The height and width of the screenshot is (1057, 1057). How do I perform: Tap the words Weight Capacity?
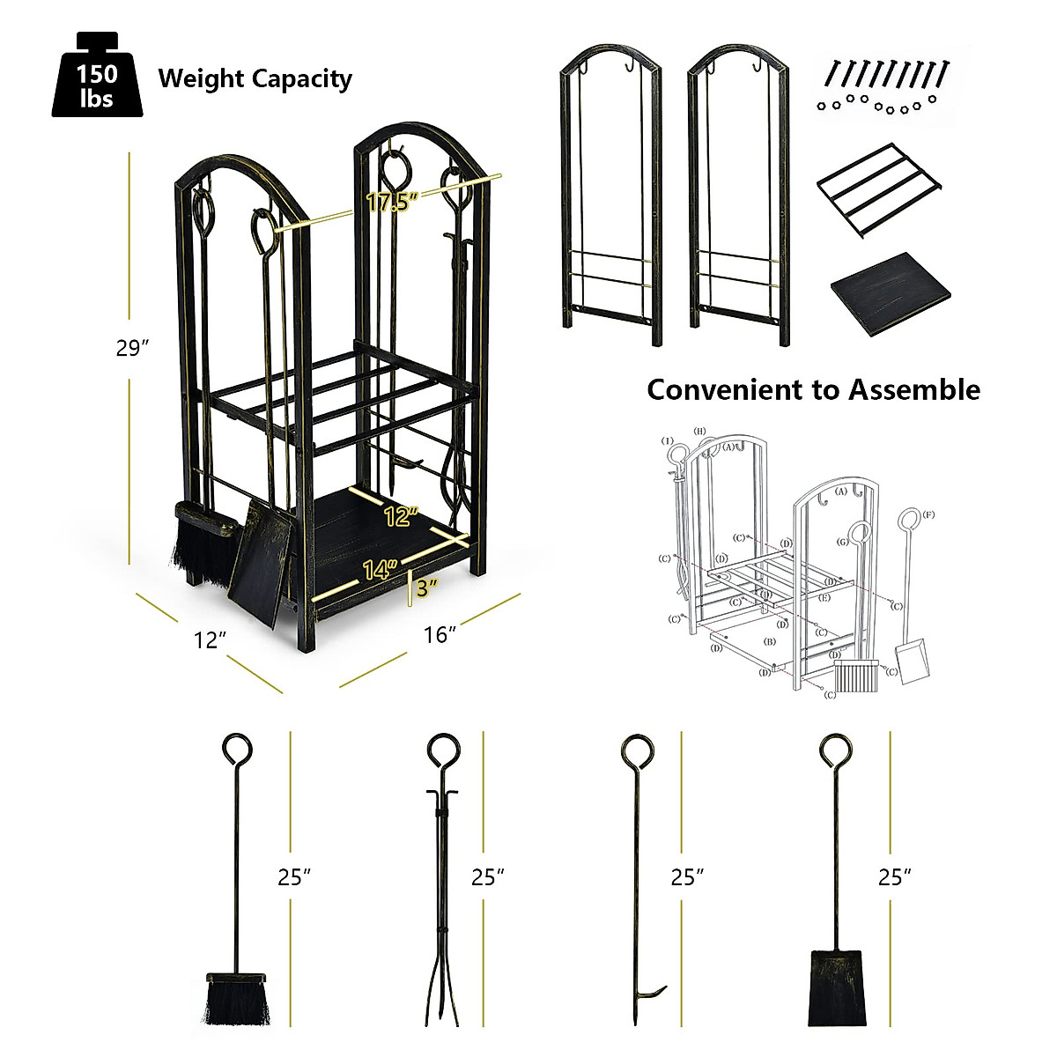pos(255,78)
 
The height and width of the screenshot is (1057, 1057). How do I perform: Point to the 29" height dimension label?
pos(131,349)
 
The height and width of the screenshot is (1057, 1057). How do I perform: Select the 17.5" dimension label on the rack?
pos(392,203)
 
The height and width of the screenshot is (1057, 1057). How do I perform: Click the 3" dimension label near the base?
pos(427,588)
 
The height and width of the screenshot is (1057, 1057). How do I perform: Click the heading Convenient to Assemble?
pos(813,389)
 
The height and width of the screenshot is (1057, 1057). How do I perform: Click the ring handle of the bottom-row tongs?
pos(441,752)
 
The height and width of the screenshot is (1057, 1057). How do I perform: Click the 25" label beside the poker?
pos(687,877)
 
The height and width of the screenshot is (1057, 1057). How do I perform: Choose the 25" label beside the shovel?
pos(895,877)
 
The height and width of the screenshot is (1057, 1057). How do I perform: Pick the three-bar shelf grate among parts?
pos(879,189)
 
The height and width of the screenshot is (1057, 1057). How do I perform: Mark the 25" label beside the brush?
pos(294,877)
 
